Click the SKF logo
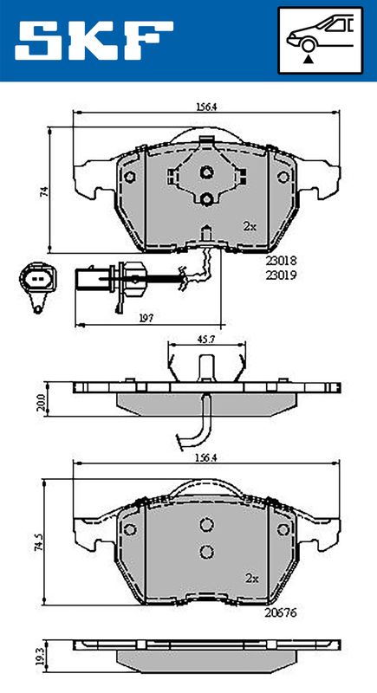94,40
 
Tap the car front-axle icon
320,40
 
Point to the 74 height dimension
43,191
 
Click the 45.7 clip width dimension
207,340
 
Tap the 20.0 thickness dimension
41,402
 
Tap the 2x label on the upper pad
250,226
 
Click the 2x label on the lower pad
252,579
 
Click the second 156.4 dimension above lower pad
207,458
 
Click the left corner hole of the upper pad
130,178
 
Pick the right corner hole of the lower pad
283,529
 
